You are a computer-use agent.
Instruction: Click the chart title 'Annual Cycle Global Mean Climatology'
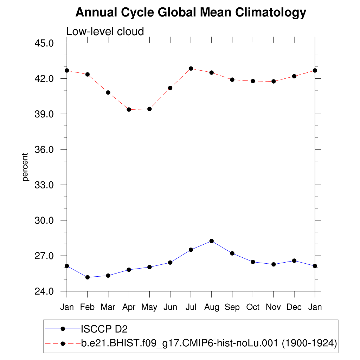191,13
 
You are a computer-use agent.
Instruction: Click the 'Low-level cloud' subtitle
105,32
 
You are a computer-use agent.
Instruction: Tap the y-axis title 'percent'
25,167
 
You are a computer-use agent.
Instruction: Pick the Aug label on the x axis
211,307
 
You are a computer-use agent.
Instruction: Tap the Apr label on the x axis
129,307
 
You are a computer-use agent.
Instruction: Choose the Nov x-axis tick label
273,307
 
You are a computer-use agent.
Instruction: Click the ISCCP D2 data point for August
211,241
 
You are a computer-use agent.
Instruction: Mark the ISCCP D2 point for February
88,277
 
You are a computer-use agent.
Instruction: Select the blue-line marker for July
191,250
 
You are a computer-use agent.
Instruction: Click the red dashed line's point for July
191,69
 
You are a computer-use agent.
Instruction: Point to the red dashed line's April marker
129,110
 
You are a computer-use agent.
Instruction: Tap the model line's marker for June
170,88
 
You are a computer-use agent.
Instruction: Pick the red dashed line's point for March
108,92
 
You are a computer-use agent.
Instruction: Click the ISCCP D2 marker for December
294,261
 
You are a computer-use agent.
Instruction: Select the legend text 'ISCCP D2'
104,329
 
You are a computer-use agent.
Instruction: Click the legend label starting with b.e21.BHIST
209,343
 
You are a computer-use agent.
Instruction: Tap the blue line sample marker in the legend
63,329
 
